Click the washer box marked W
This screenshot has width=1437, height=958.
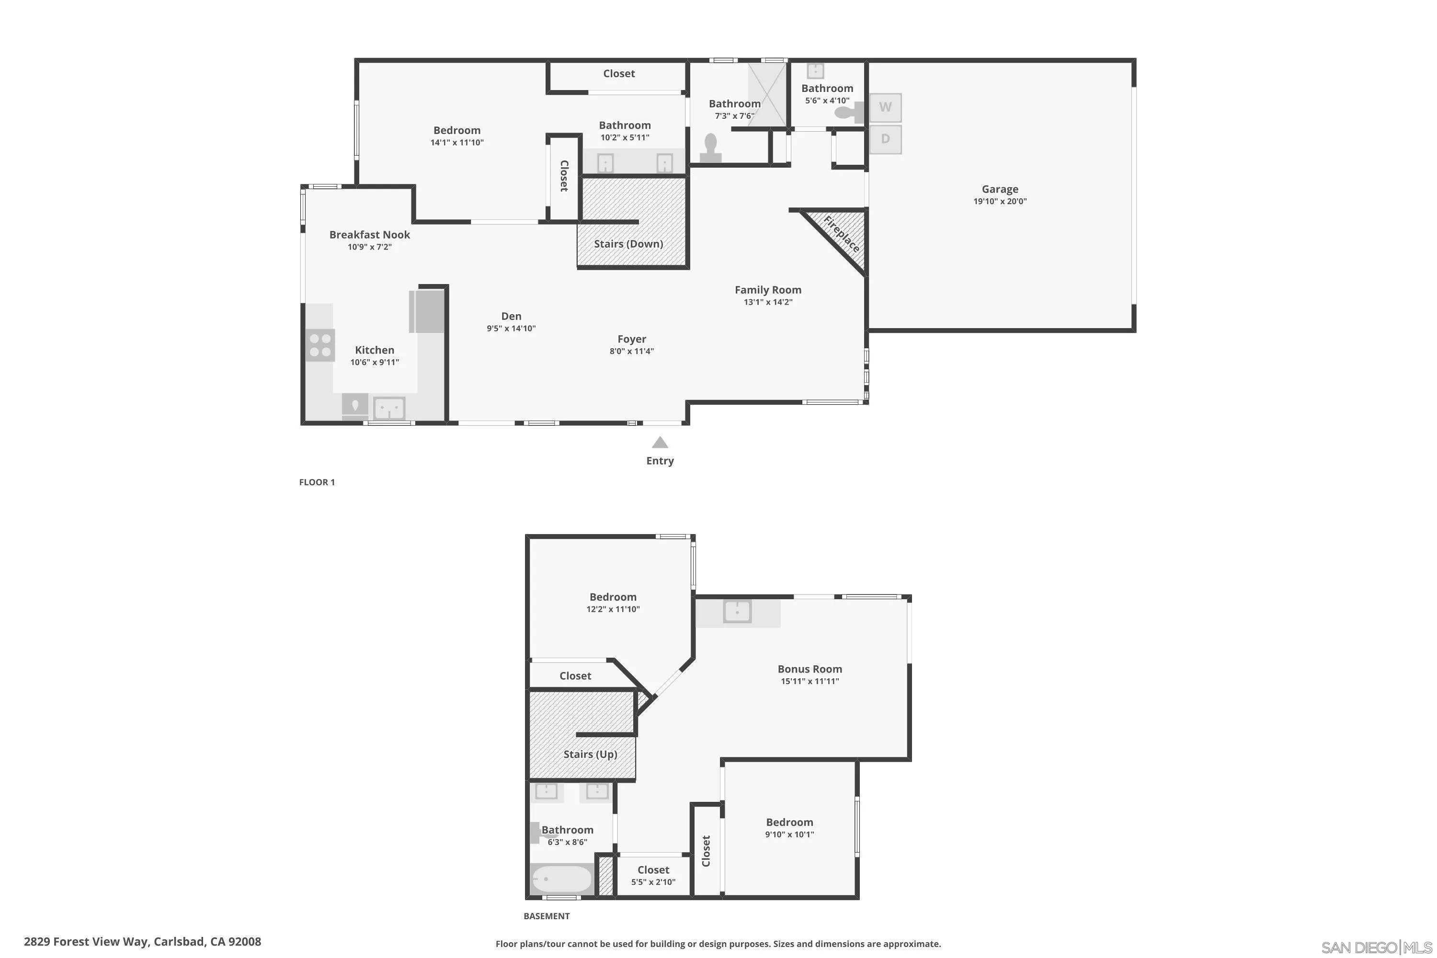[885, 107]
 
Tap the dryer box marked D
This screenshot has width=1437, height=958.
[885, 139]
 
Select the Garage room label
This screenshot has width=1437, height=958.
[1000, 189]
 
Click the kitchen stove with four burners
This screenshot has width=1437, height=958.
[320, 344]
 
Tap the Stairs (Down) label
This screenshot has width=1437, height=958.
[628, 244]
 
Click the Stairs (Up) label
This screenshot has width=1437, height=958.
[590, 754]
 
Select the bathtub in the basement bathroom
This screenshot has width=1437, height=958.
[561, 879]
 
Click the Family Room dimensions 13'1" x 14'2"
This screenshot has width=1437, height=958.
[767, 302]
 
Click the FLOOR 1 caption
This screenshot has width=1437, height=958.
[317, 482]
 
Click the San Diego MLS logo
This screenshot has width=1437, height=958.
[1376, 947]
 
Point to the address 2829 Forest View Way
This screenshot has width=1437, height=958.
[142, 942]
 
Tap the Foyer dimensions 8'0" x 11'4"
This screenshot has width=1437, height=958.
[631, 351]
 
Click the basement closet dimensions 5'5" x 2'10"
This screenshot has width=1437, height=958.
[653, 882]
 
